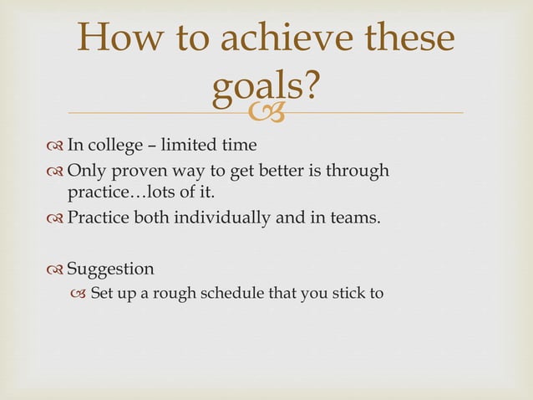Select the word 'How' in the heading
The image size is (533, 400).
118,40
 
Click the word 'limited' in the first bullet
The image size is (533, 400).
191,146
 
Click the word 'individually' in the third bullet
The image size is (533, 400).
217,219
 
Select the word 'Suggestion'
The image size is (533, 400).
110,269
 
